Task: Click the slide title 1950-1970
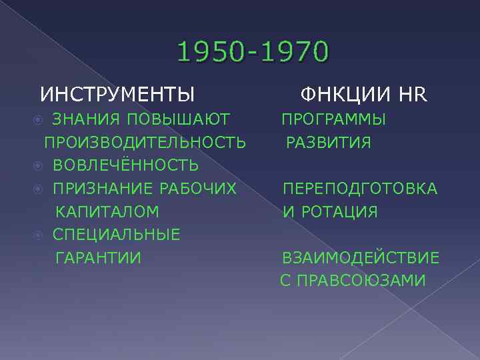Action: click(x=253, y=53)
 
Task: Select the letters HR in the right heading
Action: click(x=412, y=93)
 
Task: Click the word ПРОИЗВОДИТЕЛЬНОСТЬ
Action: click(x=145, y=143)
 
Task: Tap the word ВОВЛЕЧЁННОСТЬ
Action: click(x=125, y=165)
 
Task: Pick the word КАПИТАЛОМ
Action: click(x=107, y=212)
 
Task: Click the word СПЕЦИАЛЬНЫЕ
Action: click(x=116, y=235)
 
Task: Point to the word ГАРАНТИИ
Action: click(x=98, y=258)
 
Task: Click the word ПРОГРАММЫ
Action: click(x=333, y=120)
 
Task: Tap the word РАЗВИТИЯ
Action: click(x=329, y=143)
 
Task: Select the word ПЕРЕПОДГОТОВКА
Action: click(x=360, y=189)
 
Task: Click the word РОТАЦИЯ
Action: click(x=339, y=212)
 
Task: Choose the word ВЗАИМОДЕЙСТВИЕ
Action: click(x=361, y=258)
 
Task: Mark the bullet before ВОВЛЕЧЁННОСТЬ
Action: click(x=39, y=165)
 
